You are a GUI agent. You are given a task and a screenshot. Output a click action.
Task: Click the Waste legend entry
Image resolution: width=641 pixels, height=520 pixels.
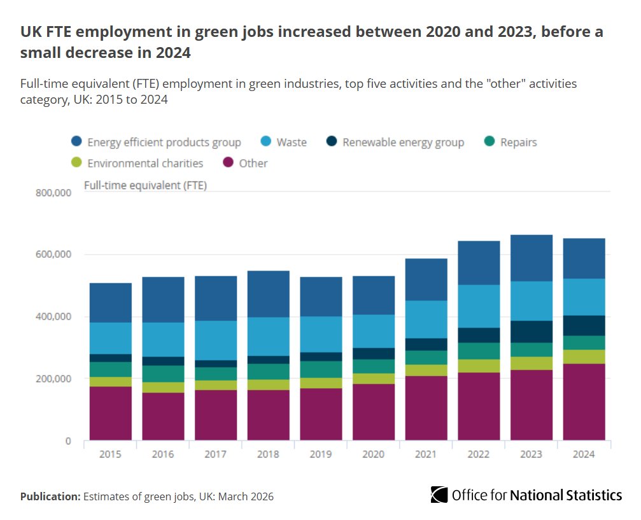283,142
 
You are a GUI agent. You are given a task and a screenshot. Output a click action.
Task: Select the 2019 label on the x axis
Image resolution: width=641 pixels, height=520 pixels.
321,454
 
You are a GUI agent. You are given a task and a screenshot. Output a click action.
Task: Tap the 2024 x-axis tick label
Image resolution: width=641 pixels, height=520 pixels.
584,454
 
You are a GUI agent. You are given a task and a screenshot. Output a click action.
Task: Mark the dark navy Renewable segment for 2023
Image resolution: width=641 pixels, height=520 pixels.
531,331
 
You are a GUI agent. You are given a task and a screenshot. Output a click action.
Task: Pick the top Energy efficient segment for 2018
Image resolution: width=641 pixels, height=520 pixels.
268,293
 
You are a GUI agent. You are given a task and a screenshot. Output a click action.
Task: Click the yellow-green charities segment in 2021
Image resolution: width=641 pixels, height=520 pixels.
426,370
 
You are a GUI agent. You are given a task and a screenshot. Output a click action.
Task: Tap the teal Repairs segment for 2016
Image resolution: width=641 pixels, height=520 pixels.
163,374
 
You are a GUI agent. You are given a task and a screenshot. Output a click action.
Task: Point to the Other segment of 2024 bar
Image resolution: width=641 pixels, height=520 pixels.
584,401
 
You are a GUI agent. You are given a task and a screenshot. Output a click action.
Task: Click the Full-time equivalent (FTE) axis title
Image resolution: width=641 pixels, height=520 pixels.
145,185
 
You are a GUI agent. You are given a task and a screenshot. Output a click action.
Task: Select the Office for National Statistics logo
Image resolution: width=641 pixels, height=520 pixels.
526,495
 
